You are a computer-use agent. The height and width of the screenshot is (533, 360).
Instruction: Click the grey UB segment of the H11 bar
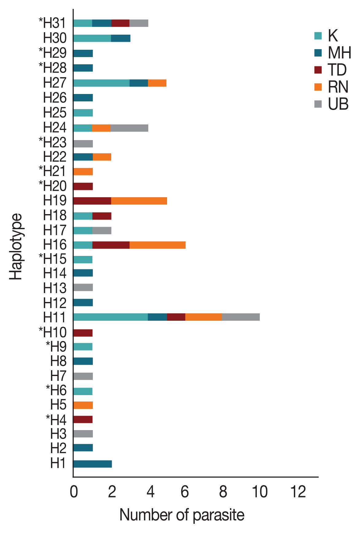click(241, 317)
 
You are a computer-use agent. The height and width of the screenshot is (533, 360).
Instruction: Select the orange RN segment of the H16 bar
click(157, 245)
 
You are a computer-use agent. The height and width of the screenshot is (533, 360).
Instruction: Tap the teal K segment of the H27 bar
click(101, 83)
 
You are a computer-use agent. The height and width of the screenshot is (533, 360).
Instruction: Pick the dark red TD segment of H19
click(92, 201)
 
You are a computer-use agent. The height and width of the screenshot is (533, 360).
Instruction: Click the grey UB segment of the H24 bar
click(129, 128)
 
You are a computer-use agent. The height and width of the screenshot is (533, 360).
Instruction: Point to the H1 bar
click(92, 464)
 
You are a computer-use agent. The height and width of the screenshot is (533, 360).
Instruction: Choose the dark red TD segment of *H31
click(120, 23)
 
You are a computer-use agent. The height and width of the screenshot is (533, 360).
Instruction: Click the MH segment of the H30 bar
click(120, 38)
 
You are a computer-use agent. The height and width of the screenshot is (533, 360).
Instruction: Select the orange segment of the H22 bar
click(102, 157)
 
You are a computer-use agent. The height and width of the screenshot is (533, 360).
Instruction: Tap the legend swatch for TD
click(318, 70)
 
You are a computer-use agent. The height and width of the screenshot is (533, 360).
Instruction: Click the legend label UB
click(338, 104)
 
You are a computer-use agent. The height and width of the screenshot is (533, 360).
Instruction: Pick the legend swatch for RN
click(318, 87)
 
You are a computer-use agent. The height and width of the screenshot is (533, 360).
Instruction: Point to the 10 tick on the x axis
click(260, 492)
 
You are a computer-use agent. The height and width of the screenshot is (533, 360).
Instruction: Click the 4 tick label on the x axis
click(150, 492)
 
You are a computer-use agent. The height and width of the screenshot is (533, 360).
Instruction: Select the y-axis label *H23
click(53, 143)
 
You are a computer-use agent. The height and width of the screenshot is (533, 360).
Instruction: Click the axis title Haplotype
click(16, 246)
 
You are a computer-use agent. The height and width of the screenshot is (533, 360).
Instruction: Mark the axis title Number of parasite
click(182, 515)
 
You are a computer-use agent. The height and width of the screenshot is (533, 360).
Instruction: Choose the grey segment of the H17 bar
click(102, 230)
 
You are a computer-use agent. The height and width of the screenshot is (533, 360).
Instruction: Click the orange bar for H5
click(83, 405)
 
